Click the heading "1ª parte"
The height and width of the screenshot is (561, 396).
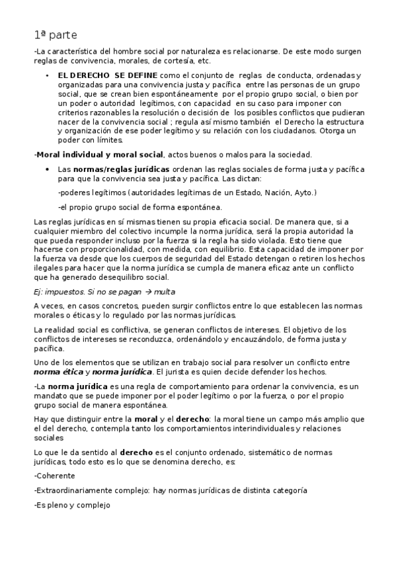pyautogui.click(x=57, y=34)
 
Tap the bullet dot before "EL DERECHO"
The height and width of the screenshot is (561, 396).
pyautogui.click(x=47, y=77)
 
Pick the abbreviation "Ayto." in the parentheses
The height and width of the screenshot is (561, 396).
pyautogui.click(x=305, y=193)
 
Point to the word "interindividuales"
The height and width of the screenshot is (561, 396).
pyautogui.click(x=250, y=429)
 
